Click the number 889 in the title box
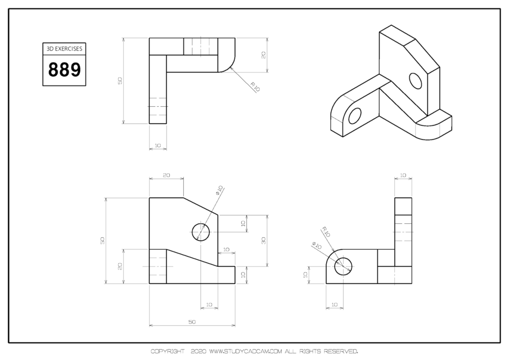click(x=64, y=70)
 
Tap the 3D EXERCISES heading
click(x=64, y=49)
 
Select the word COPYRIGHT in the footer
click(x=167, y=352)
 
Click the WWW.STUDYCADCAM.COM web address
click(x=245, y=352)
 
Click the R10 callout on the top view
click(x=254, y=87)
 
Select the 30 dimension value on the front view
click(x=263, y=240)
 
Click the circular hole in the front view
click(x=201, y=232)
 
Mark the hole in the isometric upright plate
click(x=416, y=81)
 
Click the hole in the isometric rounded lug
click(x=354, y=116)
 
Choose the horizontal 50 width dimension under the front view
click(x=192, y=322)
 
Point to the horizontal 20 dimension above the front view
click(x=166, y=175)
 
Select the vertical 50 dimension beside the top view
click(x=119, y=81)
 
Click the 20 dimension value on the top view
click(x=263, y=55)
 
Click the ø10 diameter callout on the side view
click(x=316, y=246)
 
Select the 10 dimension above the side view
click(x=403, y=175)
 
